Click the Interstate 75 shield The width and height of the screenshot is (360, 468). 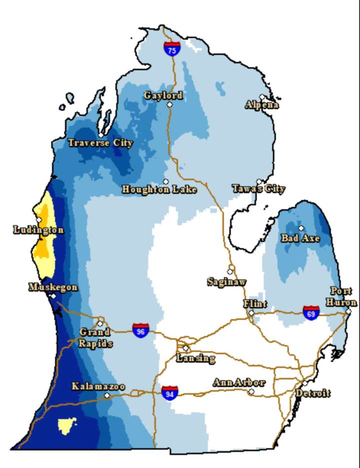click(172, 48)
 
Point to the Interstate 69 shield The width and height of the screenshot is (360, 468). click(311, 313)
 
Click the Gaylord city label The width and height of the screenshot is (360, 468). click(163, 95)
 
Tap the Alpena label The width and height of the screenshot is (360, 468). click(262, 105)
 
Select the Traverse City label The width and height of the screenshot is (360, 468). click(100, 143)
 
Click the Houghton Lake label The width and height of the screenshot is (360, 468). click(159, 190)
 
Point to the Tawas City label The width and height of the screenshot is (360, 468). click(258, 189)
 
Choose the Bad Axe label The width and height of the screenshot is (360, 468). click(300, 238)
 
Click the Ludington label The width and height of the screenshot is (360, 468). click(38, 230)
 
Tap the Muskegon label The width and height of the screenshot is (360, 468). click(53, 287)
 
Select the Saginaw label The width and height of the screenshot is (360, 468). click(226, 282)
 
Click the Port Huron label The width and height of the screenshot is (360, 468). click(343, 297)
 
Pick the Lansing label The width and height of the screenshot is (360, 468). click(195, 358)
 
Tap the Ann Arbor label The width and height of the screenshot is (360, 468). click(238, 383)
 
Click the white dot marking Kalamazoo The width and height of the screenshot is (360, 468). click(106, 395)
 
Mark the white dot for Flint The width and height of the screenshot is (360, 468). click(251, 313)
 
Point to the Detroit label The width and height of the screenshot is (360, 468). click(312, 394)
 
